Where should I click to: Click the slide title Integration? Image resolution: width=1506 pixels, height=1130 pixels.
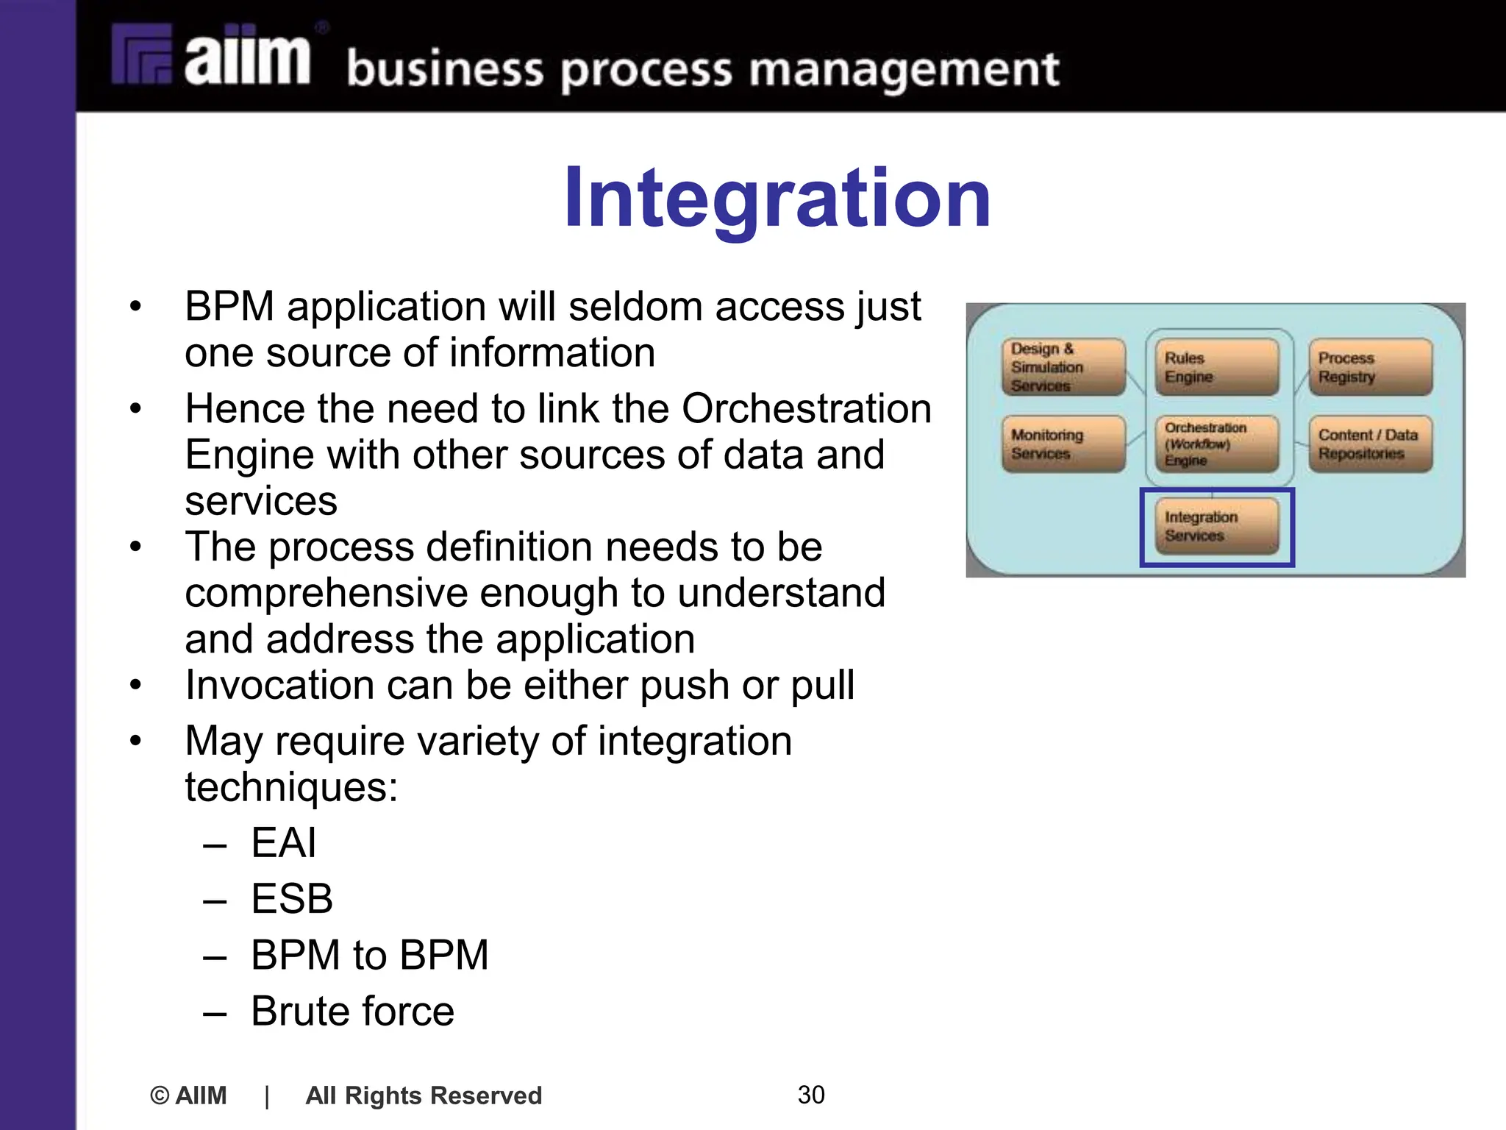(777, 199)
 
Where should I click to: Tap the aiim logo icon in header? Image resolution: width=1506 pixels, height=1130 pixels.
(142, 55)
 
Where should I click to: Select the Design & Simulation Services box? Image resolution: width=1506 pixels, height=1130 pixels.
(1063, 366)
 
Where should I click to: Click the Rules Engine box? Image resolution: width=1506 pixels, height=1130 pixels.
(1216, 366)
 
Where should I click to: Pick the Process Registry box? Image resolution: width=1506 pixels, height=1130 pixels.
(1369, 366)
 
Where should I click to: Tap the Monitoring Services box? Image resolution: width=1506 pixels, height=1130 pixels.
(1063, 444)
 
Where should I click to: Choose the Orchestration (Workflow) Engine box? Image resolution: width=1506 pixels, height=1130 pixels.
(1216, 444)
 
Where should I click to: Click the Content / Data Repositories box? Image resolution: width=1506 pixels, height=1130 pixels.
(1369, 444)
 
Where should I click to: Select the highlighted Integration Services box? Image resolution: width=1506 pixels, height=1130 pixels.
(1216, 526)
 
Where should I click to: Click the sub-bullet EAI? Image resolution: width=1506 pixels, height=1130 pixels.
(283, 842)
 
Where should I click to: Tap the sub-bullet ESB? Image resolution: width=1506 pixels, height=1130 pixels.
(291, 898)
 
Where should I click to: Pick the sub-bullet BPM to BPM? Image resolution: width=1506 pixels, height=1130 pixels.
(369, 955)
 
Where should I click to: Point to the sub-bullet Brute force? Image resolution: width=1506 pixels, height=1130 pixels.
(352, 1011)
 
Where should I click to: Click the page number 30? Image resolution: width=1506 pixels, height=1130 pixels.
(810, 1095)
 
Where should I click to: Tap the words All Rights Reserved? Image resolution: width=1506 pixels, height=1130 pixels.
(424, 1095)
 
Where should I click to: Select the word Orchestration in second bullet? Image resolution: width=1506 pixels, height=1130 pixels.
(806, 408)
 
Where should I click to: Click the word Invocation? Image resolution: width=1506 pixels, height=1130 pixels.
(279, 685)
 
